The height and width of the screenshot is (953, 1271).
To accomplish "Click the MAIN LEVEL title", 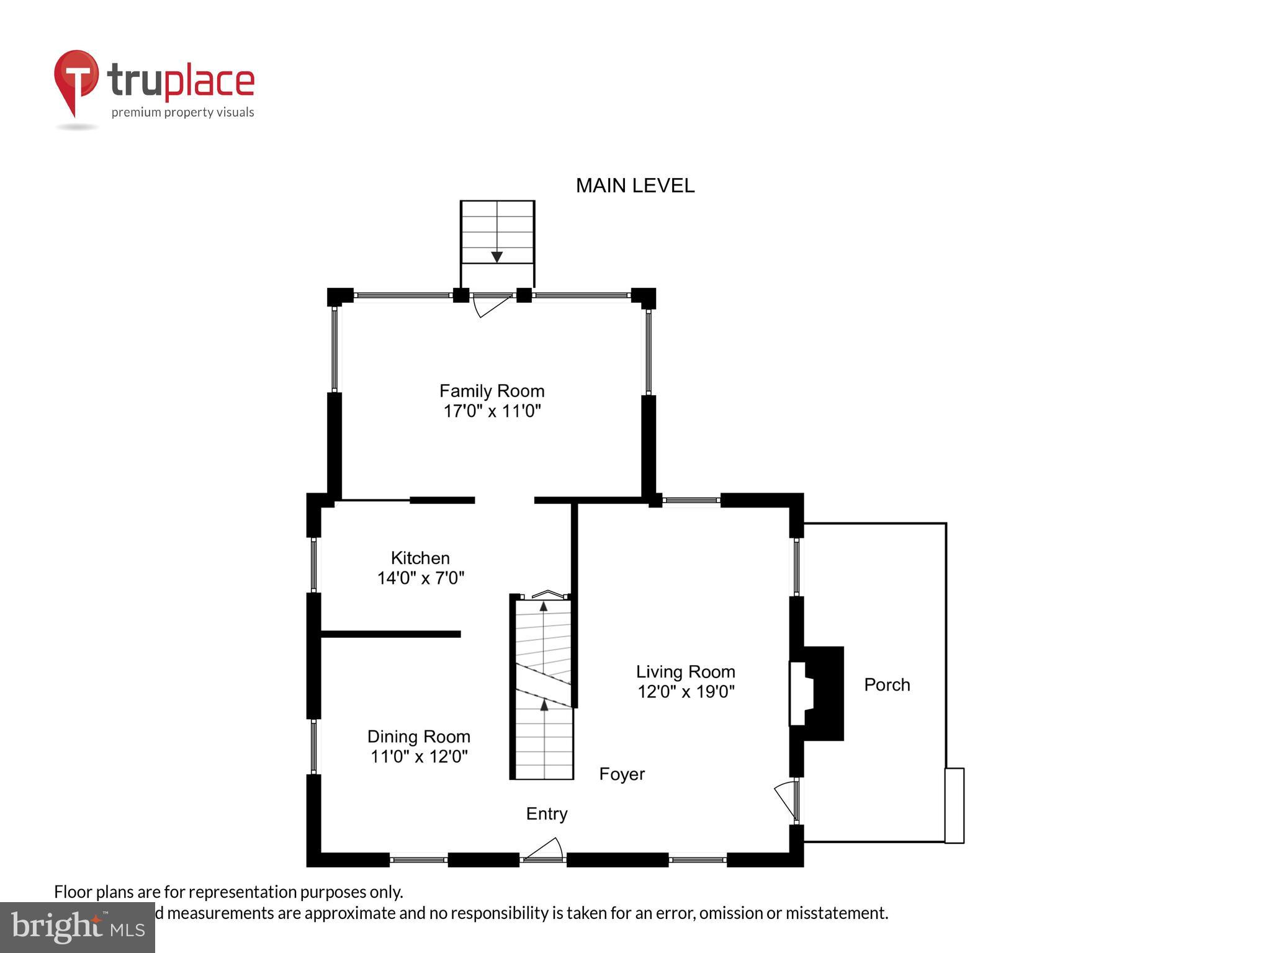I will tap(635, 186).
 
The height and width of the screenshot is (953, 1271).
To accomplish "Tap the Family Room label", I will tap(492, 391).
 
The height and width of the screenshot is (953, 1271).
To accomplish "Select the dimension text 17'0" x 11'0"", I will tap(492, 411).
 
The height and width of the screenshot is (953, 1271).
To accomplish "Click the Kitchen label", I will tap(420, 557).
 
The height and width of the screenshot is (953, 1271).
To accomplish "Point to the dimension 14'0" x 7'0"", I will tap(420, 578).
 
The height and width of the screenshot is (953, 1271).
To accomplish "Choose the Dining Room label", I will tap(419, 736).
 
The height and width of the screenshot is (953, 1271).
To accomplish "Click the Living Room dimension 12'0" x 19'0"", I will tap(686, 691).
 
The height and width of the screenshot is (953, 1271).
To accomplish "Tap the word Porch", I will tap(887, 684).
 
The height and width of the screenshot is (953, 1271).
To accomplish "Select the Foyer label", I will tap(622, 774).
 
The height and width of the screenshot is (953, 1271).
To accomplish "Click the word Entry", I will tap(547, 813).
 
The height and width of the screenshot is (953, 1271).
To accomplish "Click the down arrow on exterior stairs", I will tap(496, 256).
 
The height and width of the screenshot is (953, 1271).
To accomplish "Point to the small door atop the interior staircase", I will tap(547, 594).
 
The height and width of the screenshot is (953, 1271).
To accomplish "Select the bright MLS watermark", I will tap(77, 928).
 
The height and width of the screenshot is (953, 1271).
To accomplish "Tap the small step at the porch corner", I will tap(954, 805).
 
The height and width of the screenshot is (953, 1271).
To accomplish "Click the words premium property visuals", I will tap(182, 112).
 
